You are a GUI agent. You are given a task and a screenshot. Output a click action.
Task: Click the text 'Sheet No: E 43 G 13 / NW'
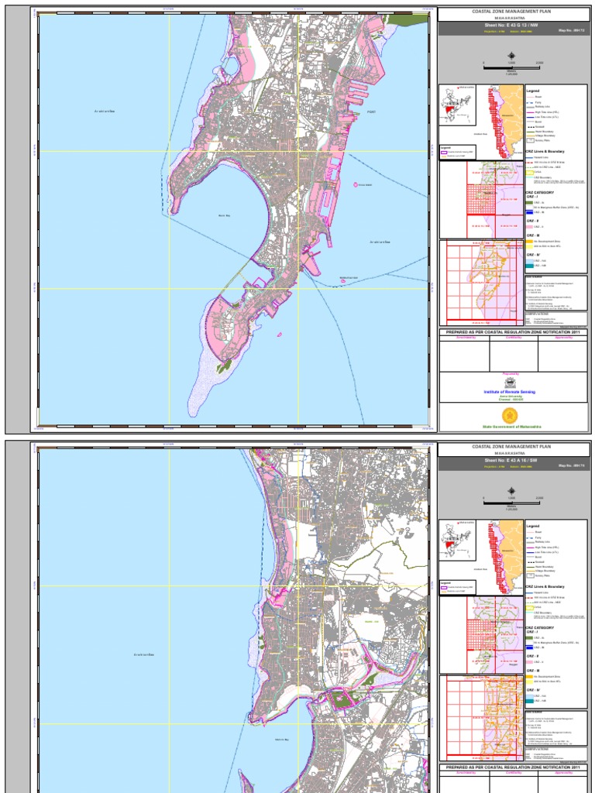pos(512,26)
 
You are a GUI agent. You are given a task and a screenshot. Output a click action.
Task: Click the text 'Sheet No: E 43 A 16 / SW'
pos(512,460)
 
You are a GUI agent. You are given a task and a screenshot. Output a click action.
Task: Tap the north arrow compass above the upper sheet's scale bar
pos(512,55)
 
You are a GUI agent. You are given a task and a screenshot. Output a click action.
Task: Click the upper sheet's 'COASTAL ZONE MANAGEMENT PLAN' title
pos(512,12)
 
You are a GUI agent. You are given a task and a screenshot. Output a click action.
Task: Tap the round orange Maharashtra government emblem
pos(511,416)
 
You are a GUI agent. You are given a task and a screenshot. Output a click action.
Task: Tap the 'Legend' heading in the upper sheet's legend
pos(532,91)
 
